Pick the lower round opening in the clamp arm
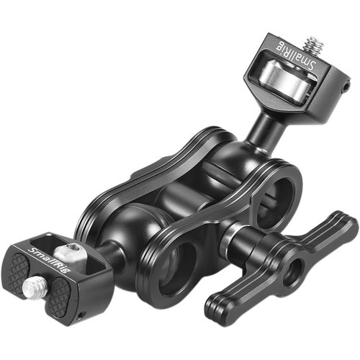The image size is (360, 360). [176, 264]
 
